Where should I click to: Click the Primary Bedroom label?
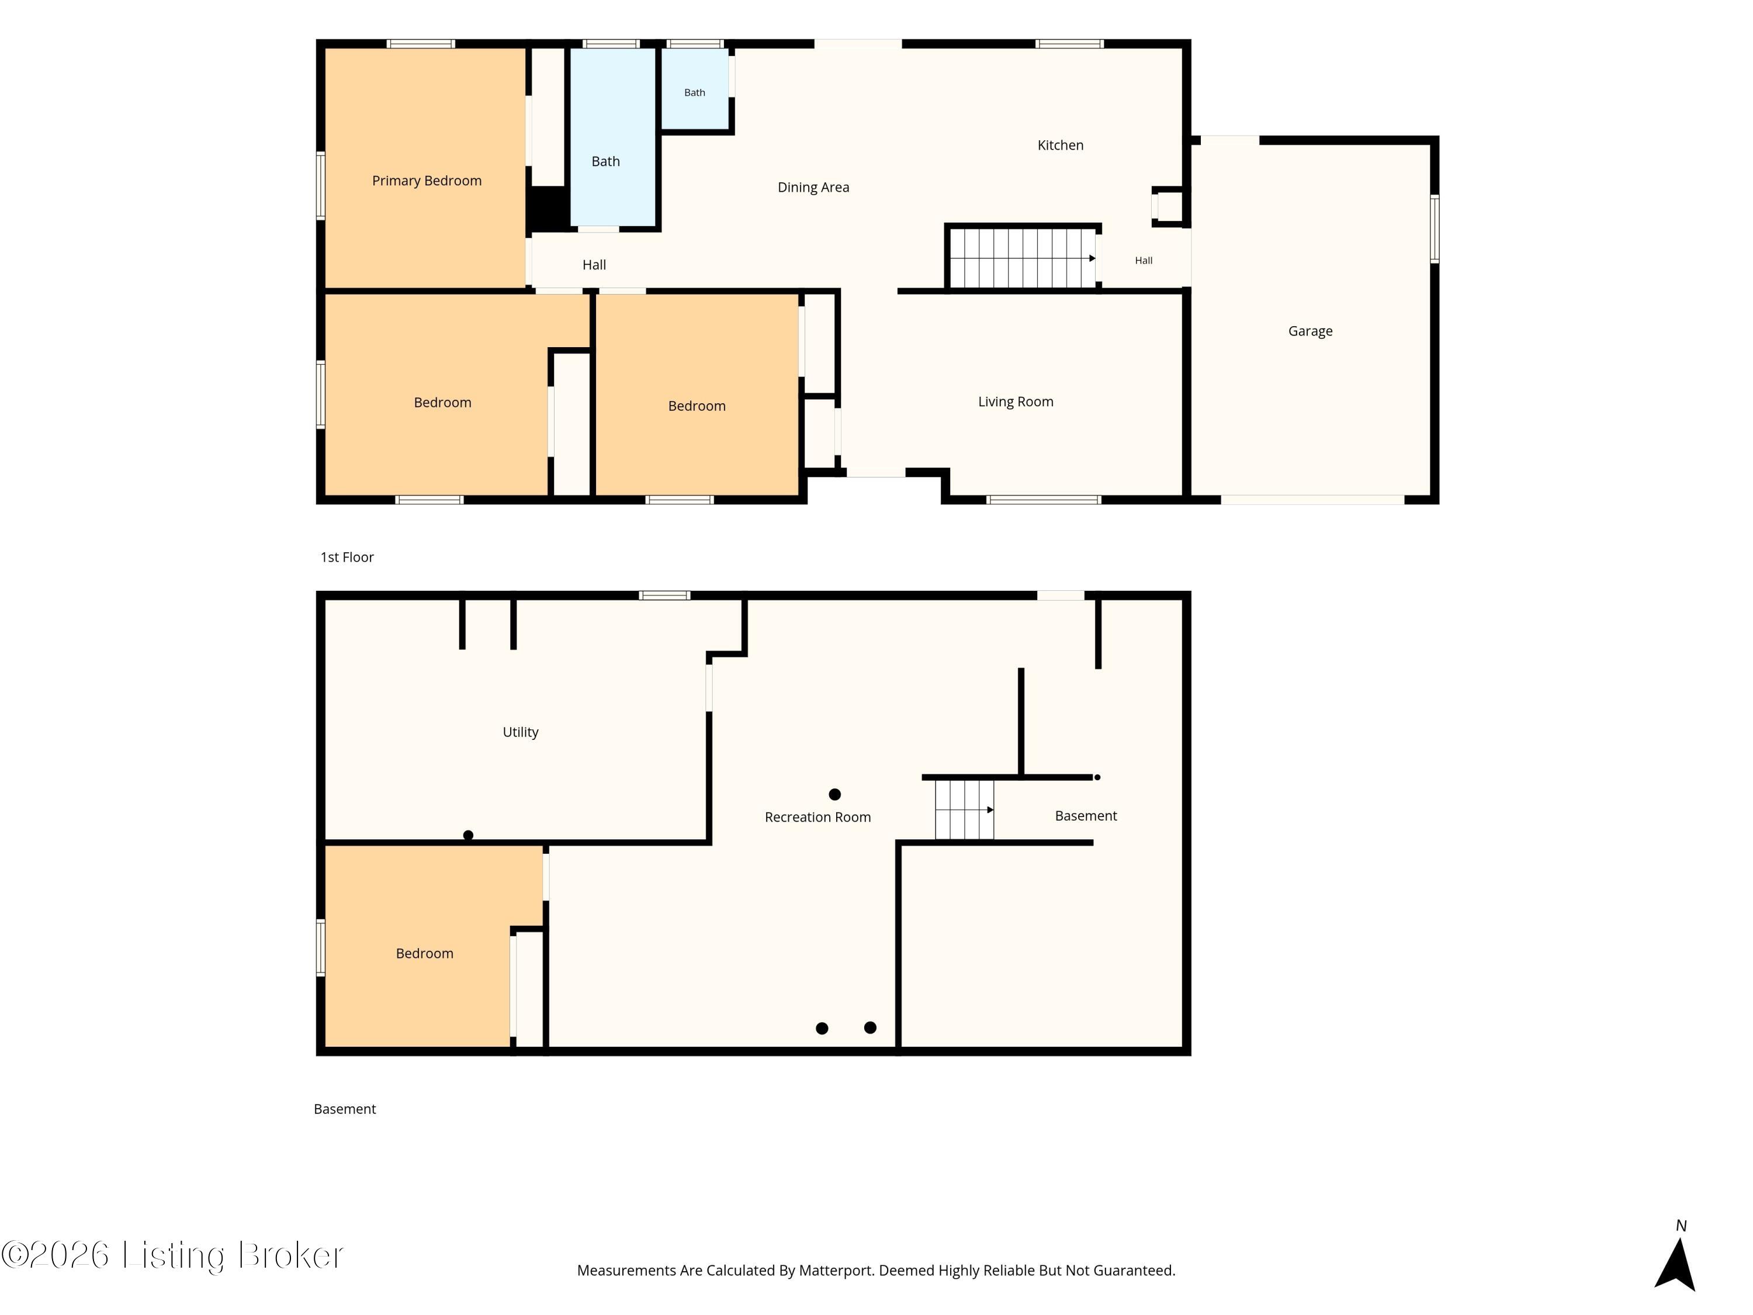tap(427, 181)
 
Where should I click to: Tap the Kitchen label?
tap(1061, 145)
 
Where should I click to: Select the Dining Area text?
tap(813, 188)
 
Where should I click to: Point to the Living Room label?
tap(1015, 402)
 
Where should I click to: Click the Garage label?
tap(1310, 331)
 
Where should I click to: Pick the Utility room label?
tap(520, 732)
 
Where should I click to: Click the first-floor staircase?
tap(1023, 258)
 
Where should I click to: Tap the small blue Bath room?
tap(695, 88)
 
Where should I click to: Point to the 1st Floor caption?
tap(347, 557)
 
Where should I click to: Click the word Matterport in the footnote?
tap(835, 1271)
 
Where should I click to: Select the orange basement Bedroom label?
tap(425, 954)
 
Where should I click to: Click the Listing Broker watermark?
tap(173, 1255)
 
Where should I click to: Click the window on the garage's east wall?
tap(1435, 229)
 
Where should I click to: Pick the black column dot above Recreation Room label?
tap(834, 794)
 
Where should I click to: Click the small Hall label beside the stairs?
tap(1144, 261)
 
